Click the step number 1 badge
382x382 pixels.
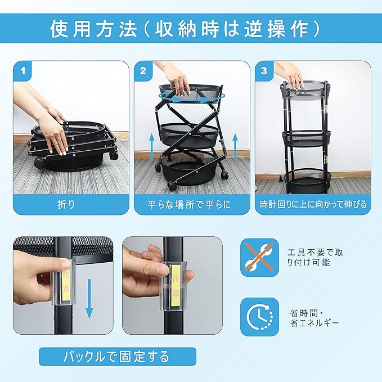click(x=23, y=71)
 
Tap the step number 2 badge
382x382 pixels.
click(x=143, y=71)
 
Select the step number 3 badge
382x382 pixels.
click(x=264, y=71)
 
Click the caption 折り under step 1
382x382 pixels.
click(x=66, y=204)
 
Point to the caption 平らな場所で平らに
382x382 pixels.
click(x=189, y=204)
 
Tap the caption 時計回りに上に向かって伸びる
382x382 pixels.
click(x=313, y=204)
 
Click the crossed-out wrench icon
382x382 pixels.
click(x=259, y=257)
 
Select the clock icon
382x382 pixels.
click(x=259, y=317)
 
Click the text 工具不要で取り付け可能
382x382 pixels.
click(x=315, y=258)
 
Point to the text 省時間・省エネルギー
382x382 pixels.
click(x=314, y=318)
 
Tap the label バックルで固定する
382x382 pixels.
click(x=116, y=357)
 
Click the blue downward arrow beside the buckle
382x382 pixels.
click(x=89, y=299)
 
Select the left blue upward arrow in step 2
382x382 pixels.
click(x=151, y=147)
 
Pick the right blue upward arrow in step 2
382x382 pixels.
click(x=235, y=147)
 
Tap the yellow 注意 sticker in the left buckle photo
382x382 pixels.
click(x=66, y=285)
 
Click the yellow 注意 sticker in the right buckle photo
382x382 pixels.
click(x=176, y=285)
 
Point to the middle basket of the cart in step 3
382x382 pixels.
click(x=307, y=138)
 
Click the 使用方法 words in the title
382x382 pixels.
click(x=93, y=29)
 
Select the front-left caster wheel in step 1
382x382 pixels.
click(x=40, y=163)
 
